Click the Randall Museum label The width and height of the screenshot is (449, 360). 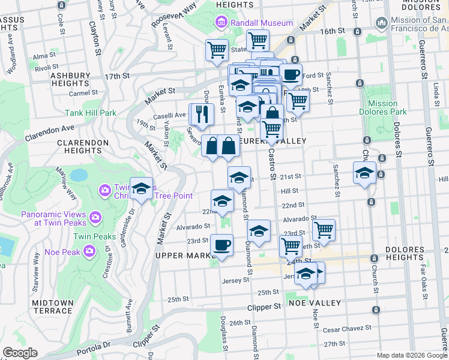tap(262, 23)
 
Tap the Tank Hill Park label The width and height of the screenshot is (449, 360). tap(91, 113)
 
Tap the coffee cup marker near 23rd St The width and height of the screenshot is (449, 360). tap(221, 245)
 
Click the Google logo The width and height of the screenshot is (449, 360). tap(20, 353)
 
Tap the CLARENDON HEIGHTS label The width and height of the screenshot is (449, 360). tap(83, 148)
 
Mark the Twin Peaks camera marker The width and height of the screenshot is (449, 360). tap(94, 216)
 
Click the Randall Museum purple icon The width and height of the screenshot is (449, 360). tap(221, 23)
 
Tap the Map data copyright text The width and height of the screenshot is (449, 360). tap(411, 355)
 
